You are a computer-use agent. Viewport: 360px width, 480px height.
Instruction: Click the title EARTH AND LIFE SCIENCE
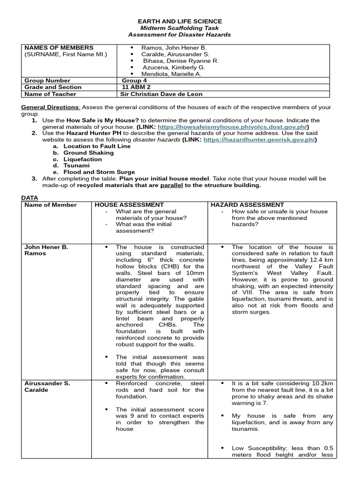[x=180, y=22]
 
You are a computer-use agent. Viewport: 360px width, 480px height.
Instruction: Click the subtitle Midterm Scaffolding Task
[x=180, y=28]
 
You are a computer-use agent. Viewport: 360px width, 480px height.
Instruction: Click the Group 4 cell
[x=135, y=81]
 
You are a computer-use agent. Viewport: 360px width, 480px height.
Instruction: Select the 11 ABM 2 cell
[x=136, y=87]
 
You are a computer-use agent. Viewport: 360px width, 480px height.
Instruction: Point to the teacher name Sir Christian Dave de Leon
[x=162, y=94]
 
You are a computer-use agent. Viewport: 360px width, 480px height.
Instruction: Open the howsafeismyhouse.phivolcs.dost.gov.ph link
[x=232, y=127]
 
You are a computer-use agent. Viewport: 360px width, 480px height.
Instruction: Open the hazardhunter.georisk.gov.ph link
[x=259, y=140]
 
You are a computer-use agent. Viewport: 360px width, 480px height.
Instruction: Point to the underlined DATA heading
[x=30, y=198]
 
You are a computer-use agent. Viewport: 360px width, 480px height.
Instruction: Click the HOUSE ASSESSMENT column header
[x=129, y=205]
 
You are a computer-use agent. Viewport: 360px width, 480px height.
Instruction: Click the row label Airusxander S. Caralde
[x=47, y=387]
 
